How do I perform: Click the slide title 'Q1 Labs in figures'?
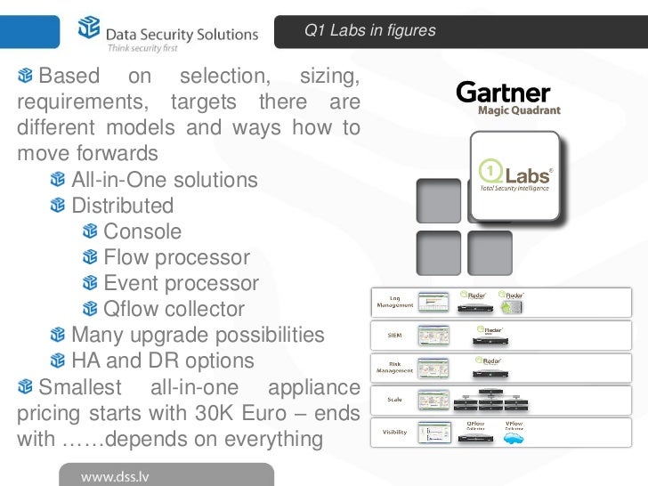click(x=369, y=30)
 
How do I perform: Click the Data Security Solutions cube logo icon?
click(x=90, y=29)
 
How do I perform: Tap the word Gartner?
click(x=503, y=93)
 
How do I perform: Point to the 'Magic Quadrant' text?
click(x=519, y=111)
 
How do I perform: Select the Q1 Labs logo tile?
click(x=514, y=175)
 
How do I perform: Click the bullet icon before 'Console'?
click(x=90, y=232)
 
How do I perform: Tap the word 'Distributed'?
click(x=122, y=206)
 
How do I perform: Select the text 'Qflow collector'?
click(x=174, y=310)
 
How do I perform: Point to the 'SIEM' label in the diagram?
click(x=394, y=336)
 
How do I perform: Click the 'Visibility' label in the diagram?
click(x=394, y=431)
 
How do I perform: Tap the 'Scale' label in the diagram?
click(x=394, y=400)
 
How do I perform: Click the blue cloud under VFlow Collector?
click(x=514, y=441)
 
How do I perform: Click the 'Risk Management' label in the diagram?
click(x=394, y=367)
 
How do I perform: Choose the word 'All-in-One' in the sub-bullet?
click(x=112, y=180)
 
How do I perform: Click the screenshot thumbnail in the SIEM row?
click(x=434, y=336)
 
